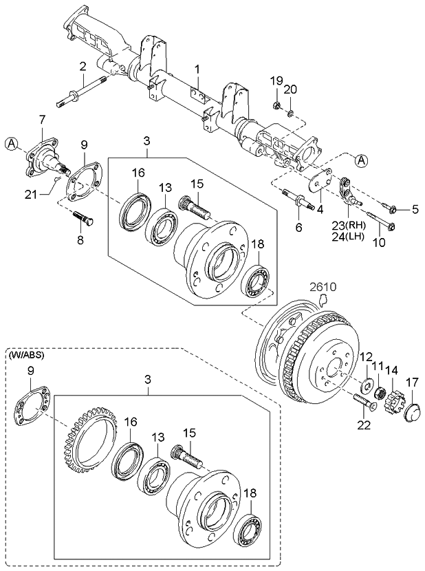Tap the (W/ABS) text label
tap(25, 355)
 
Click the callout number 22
tap(363, 425)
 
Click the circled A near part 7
tap(12, 144)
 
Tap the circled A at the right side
tap(362, 160)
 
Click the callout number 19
tap(275, 81)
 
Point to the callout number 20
tap(290, 89)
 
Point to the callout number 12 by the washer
tap(365, 357)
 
